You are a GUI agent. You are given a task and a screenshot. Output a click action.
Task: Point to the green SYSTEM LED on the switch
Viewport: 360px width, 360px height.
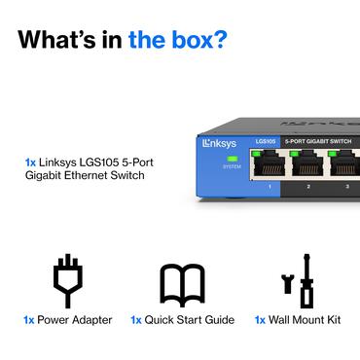click(x=232, y=158)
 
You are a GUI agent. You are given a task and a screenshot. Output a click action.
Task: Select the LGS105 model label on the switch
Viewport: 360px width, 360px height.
click(x=266, y=142)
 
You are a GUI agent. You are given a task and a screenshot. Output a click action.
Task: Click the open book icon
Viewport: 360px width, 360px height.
click(x=182, y=282)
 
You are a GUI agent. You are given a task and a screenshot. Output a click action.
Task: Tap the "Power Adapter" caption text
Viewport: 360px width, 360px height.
click(x=76, y=319)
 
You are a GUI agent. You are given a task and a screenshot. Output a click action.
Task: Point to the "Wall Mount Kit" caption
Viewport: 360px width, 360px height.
click(x=306, y=319)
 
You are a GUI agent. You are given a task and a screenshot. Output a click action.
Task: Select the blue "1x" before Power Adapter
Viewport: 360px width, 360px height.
click(x=30, y=319)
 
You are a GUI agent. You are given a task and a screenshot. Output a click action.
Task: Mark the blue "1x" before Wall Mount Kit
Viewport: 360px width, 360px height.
click(x=261, y=319)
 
